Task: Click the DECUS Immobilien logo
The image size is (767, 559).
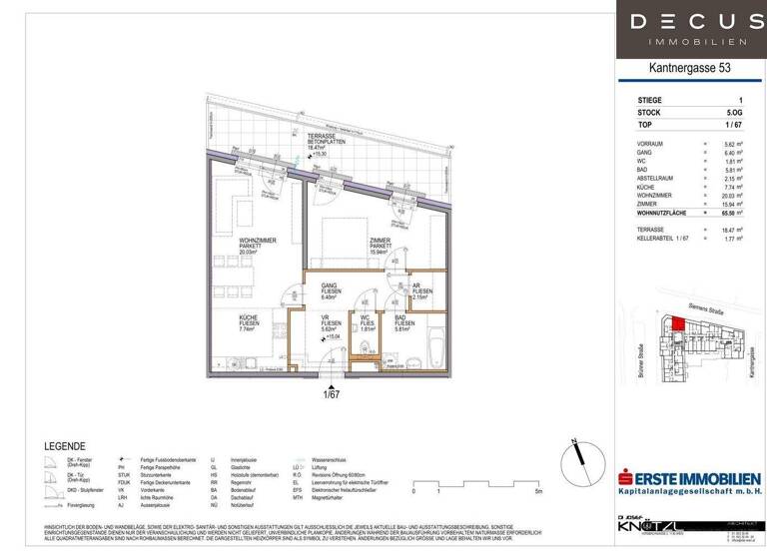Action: click(690, 29)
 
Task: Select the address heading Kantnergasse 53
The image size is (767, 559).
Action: click(689, 69)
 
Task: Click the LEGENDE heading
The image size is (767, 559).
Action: click(65, 445)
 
